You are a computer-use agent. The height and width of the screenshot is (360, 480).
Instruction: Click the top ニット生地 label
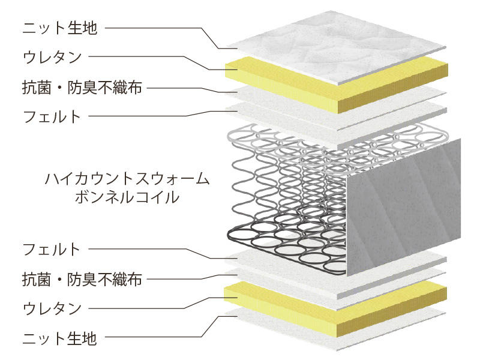coord(60,28)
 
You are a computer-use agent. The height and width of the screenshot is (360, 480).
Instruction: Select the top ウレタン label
coord(52,56)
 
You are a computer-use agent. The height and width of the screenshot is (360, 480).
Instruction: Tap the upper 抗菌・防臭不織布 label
coord(82,87)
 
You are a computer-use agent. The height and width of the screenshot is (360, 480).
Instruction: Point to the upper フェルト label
coord(52,116)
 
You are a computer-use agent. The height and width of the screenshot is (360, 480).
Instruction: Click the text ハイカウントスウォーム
coord(127,179)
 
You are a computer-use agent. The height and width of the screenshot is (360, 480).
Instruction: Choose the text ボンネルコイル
coord(127,197)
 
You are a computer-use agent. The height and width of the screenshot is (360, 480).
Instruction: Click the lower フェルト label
coord(52,249)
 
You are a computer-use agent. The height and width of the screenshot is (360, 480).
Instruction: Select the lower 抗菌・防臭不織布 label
coord(82,279)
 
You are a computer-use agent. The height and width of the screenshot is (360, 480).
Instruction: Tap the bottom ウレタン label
coord(52,308)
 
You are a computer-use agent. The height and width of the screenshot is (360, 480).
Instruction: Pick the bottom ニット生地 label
coord(60,338)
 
